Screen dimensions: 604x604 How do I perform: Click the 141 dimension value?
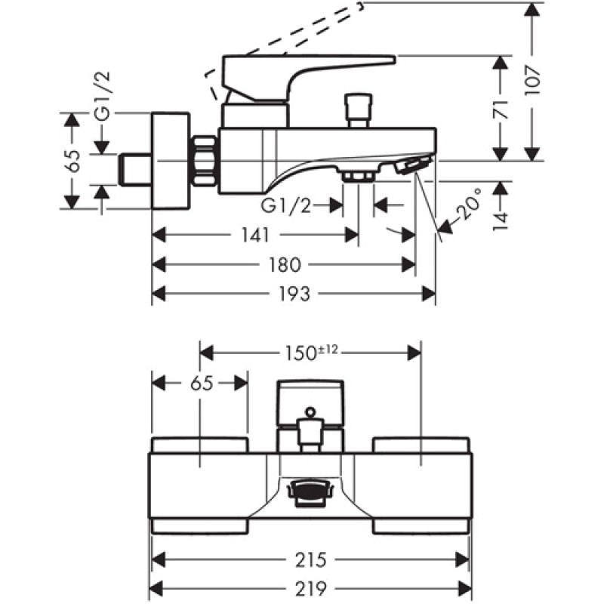click(x=256, y=236)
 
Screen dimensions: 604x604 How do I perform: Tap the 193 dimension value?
click(x=294, y=294)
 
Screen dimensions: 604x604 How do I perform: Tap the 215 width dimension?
click(x=310, y=560)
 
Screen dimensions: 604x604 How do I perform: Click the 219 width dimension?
click(x=310, y=587)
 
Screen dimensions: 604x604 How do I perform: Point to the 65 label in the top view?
click(x=201, y=383)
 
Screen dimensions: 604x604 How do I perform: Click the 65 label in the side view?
click(x=73, y=162)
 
